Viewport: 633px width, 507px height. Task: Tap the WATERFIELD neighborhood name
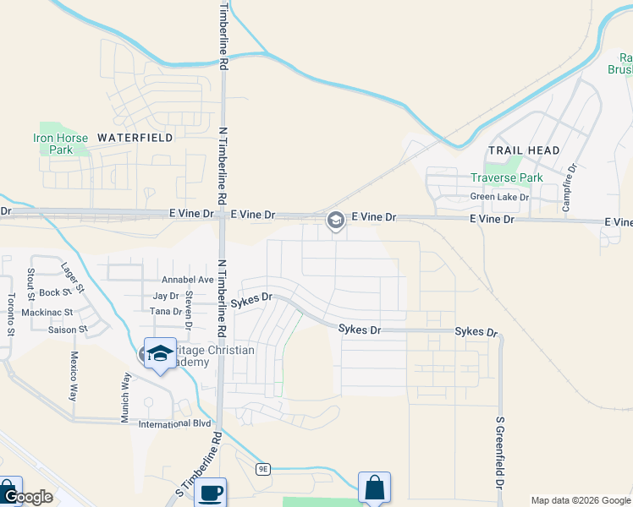point(135,137)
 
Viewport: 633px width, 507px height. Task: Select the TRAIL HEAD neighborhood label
point(524,150)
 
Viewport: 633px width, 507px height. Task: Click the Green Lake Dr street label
point(499,197)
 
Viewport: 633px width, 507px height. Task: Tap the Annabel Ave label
point(188,280)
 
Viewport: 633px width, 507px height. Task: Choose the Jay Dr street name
point(166,296)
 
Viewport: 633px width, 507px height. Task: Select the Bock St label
point(53,293)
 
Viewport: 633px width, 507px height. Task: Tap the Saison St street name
point(67,329)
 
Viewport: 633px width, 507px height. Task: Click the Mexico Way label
point(74,376)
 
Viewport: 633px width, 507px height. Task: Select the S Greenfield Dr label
point(499,452)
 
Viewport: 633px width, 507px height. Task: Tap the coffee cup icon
point(211,493)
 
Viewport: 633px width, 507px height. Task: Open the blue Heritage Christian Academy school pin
point(160,353)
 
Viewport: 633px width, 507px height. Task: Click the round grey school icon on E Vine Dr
point(335,221)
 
